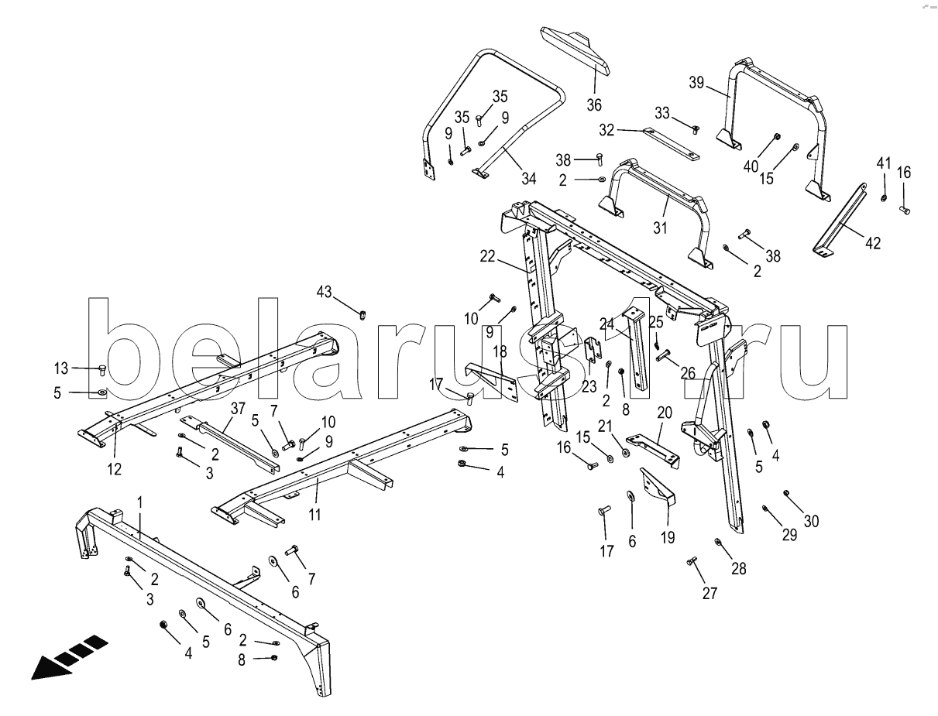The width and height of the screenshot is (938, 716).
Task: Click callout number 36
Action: point(593,104)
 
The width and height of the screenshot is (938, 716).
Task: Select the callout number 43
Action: point(324,291)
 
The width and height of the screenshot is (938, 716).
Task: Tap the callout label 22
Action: point(486,257)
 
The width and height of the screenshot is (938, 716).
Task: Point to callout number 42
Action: point(873,242)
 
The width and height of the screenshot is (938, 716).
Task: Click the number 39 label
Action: point(697,83)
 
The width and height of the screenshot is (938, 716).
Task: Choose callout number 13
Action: point(61,368)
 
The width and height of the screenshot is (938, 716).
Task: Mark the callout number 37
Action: point(237,408)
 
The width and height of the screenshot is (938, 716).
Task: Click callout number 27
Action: point(710,594)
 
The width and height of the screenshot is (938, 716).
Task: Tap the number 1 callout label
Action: point(140,502)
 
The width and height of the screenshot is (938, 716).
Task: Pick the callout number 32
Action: point(606,130)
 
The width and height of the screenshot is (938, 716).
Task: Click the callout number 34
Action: point(528,178)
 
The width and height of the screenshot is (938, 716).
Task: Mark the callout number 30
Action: point(811,521)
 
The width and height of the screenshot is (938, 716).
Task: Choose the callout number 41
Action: point(884,163)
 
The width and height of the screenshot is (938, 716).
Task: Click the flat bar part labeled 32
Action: point(671,144)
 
